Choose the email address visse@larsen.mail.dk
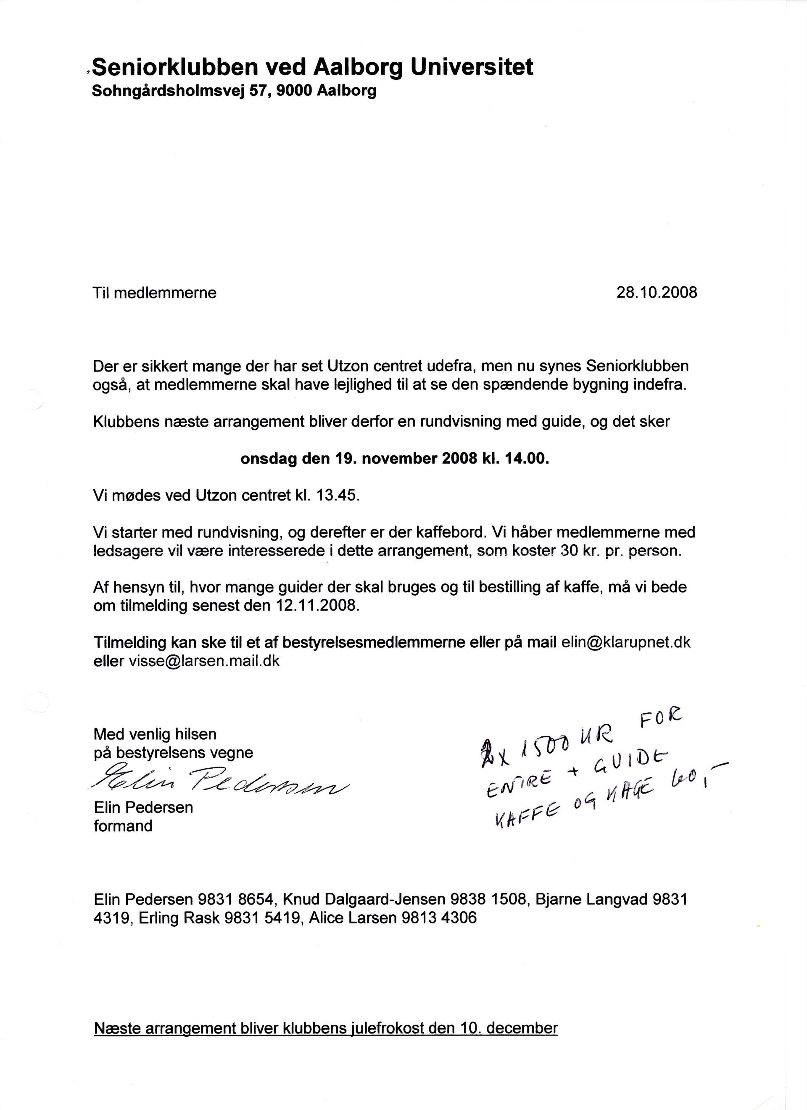pyautogui.click(x=204, y=661)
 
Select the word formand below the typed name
pyautogui.click(x=123, y=826)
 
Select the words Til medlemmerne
pyautogui.click(x=155, y=293)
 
